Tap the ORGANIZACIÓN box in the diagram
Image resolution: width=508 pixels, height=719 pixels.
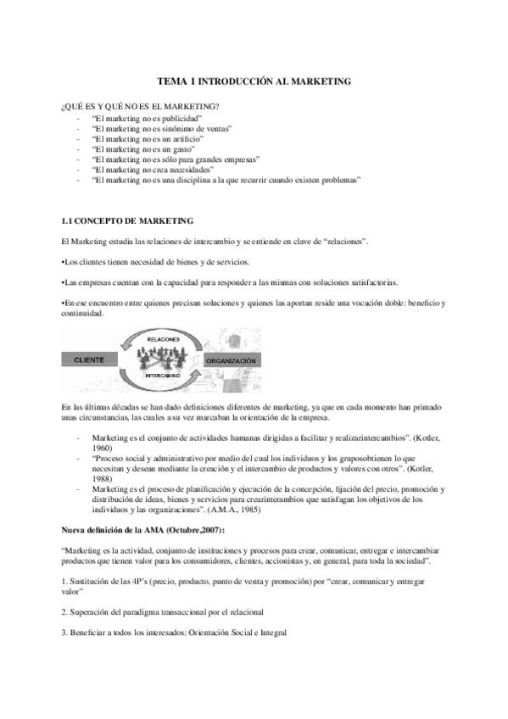(x=231, y=360)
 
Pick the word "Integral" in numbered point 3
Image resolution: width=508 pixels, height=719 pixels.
(x=271, y=632)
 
